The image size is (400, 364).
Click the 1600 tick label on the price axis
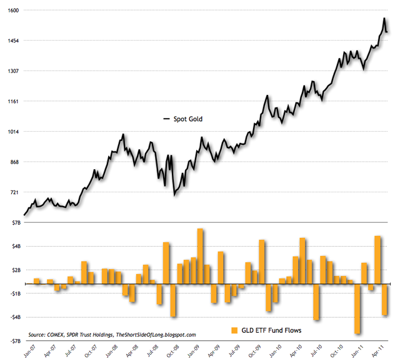(x=14, y=11)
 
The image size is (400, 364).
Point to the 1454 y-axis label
(x=14, y=41)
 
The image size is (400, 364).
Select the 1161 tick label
(x=14, y=101)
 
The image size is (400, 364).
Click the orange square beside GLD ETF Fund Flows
(x=234, y=330)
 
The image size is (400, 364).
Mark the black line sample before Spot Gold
(x=166, y=119)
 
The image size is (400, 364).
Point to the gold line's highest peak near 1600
(x=384, y=19)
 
